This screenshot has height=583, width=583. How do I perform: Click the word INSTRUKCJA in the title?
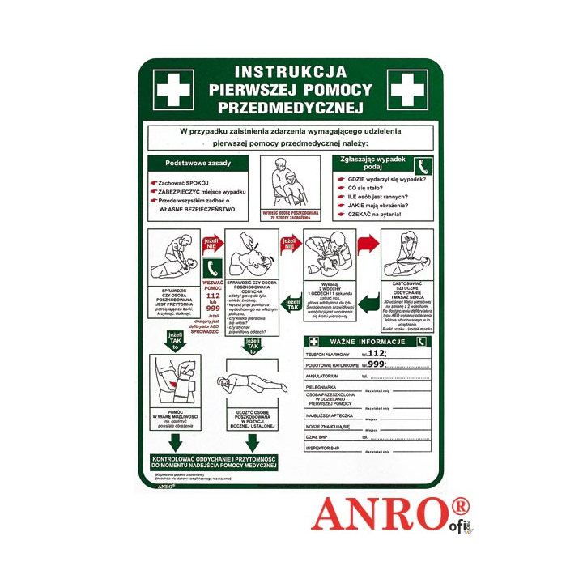pyautogui.click(x=290, y=72)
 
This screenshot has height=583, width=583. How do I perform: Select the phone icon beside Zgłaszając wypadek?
pyautogui.click(x=422, y=166)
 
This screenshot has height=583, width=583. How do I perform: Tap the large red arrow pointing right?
pyautogui.click(x=368, y=245)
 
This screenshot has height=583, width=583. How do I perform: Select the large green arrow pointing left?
pyautogui.click(x=368, y=304)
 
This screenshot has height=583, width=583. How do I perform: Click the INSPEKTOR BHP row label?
pyautogui.click(x=326, y=448)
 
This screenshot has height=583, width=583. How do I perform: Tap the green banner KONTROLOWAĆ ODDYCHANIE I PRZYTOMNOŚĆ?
pyautogui.click(x=215, y=462)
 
